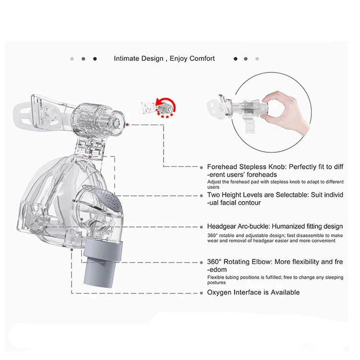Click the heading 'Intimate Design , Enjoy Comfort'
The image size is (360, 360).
click(164, 59)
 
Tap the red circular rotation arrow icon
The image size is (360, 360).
click(166, 106)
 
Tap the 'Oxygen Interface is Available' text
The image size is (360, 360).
click(253, 292)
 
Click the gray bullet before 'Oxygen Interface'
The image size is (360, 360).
click(202, 292)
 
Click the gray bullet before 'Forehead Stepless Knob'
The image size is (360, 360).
click(202, 167)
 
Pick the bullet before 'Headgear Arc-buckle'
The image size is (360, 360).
click(202, 226)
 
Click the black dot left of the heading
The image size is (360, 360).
click(95, 59)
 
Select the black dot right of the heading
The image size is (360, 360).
click(235, 59)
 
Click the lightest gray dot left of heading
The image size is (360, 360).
click(72, 59)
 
